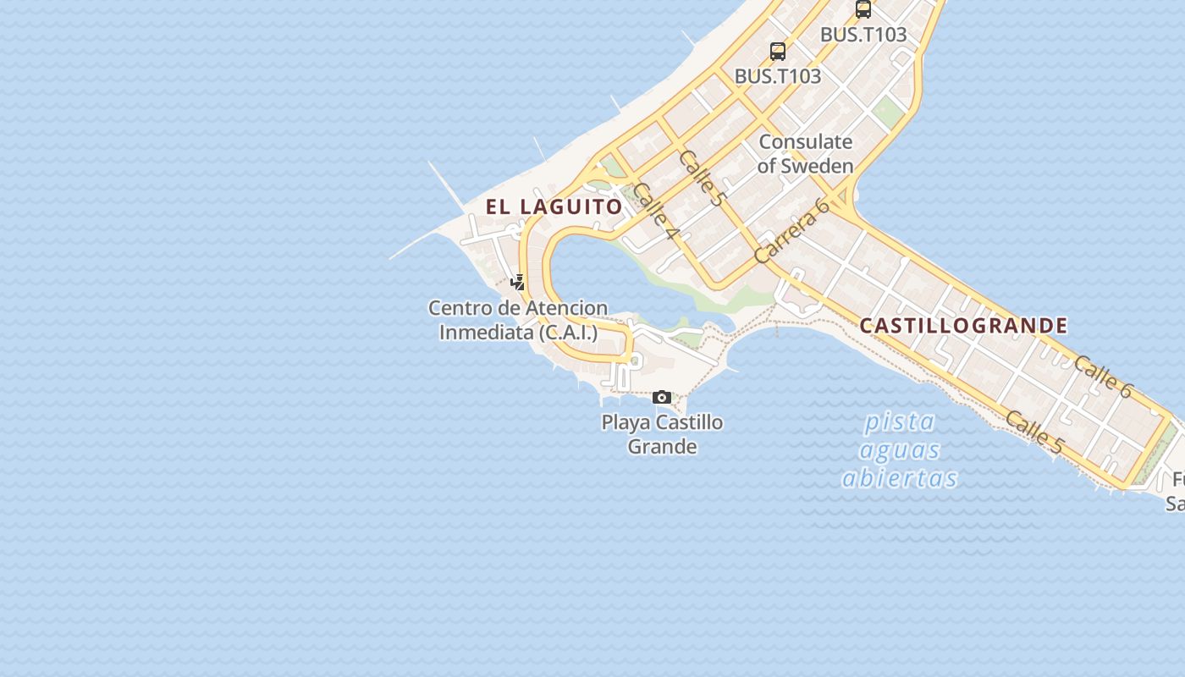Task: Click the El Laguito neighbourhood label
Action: coord(554,206)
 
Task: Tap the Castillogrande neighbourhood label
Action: coord(963,326)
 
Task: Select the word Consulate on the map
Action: coord(805,141)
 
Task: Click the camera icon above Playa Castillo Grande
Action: coord(662,397)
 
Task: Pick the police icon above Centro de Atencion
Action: coord(518,283)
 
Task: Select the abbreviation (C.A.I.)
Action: coord(568,333)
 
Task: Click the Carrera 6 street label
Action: coord(791,230)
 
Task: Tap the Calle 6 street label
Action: coord(1103,377)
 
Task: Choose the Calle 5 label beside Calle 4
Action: coord(703,179)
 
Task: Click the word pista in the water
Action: coord(899,421)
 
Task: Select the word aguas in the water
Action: coord(901,449)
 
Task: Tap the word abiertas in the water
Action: coord(899,478)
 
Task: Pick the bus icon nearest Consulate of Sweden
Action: coord(777,51)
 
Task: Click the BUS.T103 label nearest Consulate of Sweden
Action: coord(777,76)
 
